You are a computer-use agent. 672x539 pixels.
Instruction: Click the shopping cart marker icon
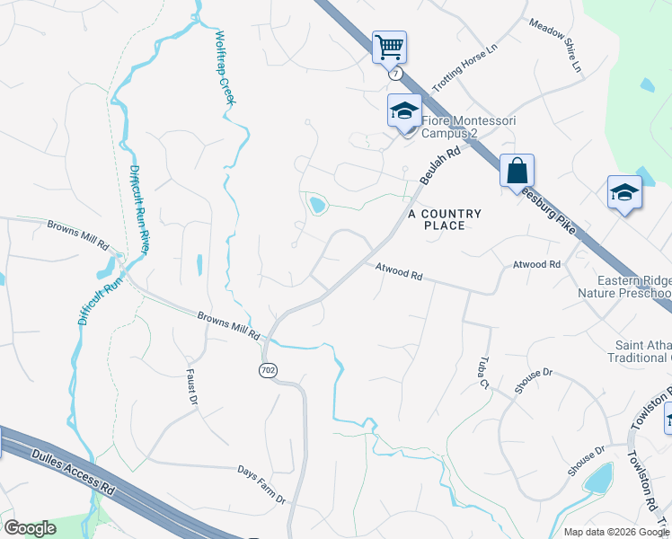(x=389, y=46)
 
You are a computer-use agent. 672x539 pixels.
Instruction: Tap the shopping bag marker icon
(x=517, y=169)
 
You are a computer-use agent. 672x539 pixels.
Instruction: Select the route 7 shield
(x=395, y=75)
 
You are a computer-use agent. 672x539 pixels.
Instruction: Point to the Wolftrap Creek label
(x=224, y=68)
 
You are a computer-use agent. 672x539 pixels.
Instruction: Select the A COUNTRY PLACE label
(x=445, y=219)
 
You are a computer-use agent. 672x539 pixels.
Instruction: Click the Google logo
(x=30, y=528)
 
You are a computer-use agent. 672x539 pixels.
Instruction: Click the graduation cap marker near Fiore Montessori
(x=404, y=110)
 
